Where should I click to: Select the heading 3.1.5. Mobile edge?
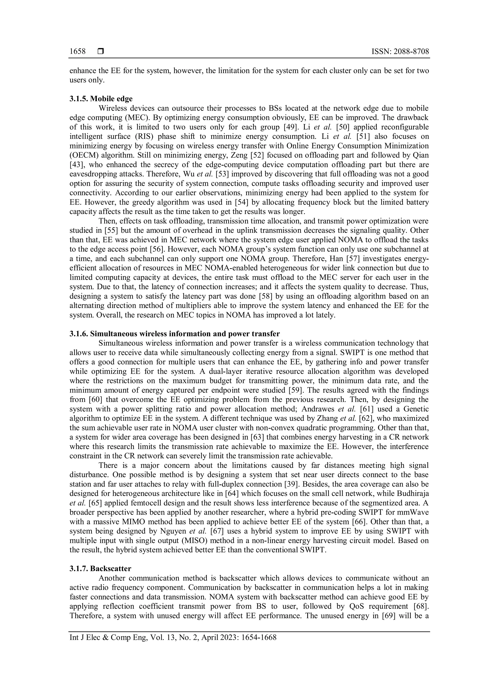101,99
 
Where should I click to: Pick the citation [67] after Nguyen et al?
217,531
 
